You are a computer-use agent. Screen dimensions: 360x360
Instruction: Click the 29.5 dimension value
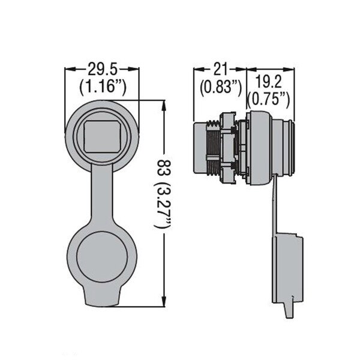coord(103,70)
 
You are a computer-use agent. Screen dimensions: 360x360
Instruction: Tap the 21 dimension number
coord(220,69)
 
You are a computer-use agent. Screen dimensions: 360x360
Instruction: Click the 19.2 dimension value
coord(268,82)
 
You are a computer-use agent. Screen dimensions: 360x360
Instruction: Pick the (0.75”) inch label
coord(268,100)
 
